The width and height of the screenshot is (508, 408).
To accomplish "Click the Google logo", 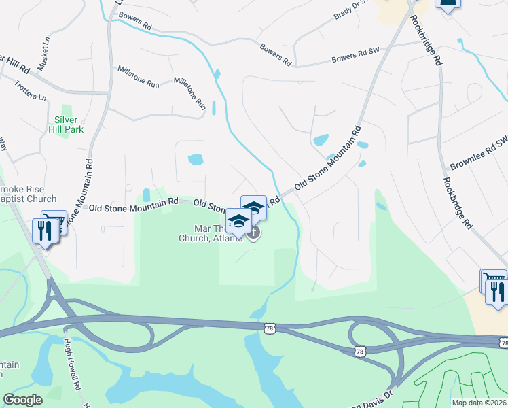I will click(23, 400).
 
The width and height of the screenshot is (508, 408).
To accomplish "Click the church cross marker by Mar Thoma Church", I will click(253, 234).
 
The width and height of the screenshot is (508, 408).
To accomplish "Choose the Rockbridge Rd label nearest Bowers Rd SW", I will click(427, 40).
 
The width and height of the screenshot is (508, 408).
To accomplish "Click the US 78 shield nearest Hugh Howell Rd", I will click(269, 328).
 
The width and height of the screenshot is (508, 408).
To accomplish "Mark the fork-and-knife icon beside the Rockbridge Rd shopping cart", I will click(498, 290).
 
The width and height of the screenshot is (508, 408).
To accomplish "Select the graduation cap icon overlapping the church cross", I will click(239, 220).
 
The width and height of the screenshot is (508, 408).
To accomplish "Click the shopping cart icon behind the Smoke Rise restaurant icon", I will click(56, 220).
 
